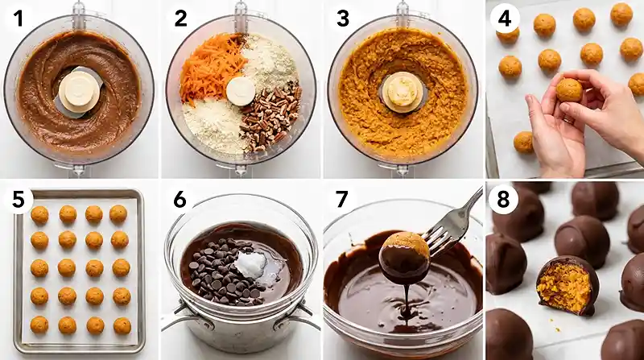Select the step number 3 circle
(344, 17)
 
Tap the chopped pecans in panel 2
(271, 119)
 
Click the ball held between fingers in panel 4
(569, 90)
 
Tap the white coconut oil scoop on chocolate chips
(249, 263)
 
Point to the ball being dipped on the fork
(404, 255)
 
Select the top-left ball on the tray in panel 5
(39, 214)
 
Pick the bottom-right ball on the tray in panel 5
(122, 325)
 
